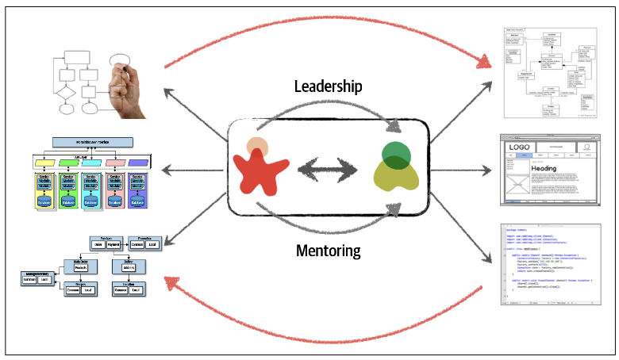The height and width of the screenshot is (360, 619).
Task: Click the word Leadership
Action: tap(328, 86)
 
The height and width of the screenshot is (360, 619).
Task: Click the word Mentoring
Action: tap(328, 251)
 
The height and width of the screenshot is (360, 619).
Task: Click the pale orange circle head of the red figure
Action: tap(256, 147)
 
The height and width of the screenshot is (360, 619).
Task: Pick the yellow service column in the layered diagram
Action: tap(44, 189)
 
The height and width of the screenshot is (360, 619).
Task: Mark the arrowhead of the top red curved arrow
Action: tap(486, 62)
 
